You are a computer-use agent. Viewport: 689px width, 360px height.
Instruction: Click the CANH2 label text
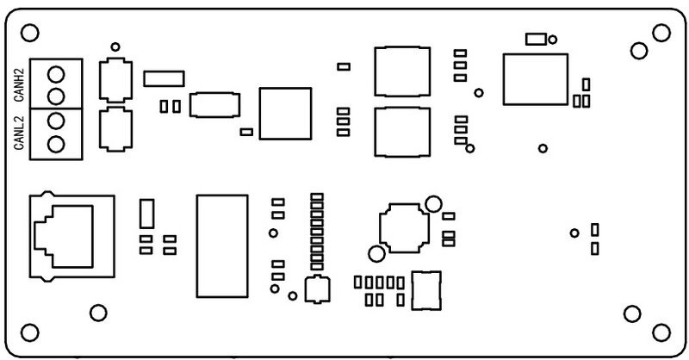click(x=20, y=85)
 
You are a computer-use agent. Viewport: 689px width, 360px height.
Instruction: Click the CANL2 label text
click(x=19, y=133)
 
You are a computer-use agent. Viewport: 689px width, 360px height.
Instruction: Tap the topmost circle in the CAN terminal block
click(x=56, y=74)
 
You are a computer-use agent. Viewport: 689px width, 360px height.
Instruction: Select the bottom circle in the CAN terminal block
click(x=56, y=144)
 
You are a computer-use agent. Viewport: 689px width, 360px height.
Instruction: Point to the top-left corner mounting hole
click(x=30, y=33)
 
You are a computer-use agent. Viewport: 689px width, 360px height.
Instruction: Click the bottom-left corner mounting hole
click(x=30, y=332)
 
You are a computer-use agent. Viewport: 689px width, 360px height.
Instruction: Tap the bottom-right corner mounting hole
click(x=661, y=332)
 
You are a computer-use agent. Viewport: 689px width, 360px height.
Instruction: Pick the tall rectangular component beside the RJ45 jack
click(x=146, y=214)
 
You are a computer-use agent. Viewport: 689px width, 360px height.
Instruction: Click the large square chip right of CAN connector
click(x=285, y=114)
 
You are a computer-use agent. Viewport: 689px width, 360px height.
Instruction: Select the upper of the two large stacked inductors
click(x=402, y=71)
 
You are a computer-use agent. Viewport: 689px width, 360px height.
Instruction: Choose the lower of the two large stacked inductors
click(x=402, y=132)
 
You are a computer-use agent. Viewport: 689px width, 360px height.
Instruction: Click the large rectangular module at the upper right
click(x=536, y=79)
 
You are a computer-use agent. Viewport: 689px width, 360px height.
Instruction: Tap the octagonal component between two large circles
click(x=404, y=227)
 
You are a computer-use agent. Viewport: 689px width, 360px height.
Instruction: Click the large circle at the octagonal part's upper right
click(x=434, y=204)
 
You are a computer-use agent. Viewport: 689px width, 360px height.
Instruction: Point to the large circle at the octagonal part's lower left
click(x=376, y=254)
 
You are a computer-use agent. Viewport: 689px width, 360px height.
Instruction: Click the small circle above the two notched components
click(x=115, y=47)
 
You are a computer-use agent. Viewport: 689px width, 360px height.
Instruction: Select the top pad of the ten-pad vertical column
click(x=317, y=197)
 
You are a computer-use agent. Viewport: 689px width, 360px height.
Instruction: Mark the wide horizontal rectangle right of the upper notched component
click(x=164, y=78)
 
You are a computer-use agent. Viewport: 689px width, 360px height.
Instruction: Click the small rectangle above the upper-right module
click(x=536, y=39)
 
